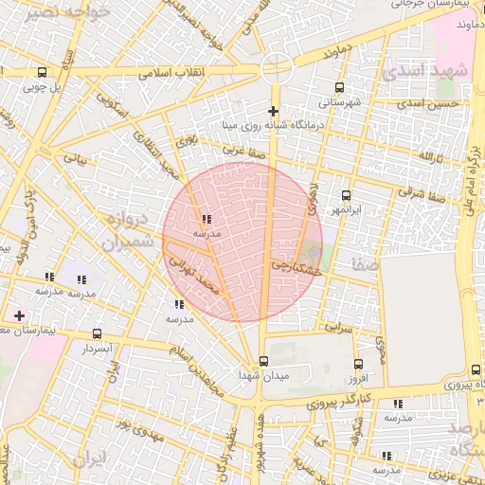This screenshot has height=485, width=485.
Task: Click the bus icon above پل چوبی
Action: [x=42, y=72]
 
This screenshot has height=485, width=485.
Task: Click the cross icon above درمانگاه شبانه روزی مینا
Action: [x=274, y=112]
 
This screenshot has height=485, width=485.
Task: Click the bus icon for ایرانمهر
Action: [x=346, y=195]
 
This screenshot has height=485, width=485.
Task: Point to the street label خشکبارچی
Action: [x=295, y=268]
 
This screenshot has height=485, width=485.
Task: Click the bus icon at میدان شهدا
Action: [x=263, y=361]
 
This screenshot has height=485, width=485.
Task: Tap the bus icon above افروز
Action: [x=357, y=364]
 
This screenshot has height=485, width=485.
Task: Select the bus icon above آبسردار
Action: [x=98, y=334]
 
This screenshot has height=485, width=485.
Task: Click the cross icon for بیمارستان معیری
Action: [x=19, y=314]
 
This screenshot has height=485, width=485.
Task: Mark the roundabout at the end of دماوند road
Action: [x=275, y=67]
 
